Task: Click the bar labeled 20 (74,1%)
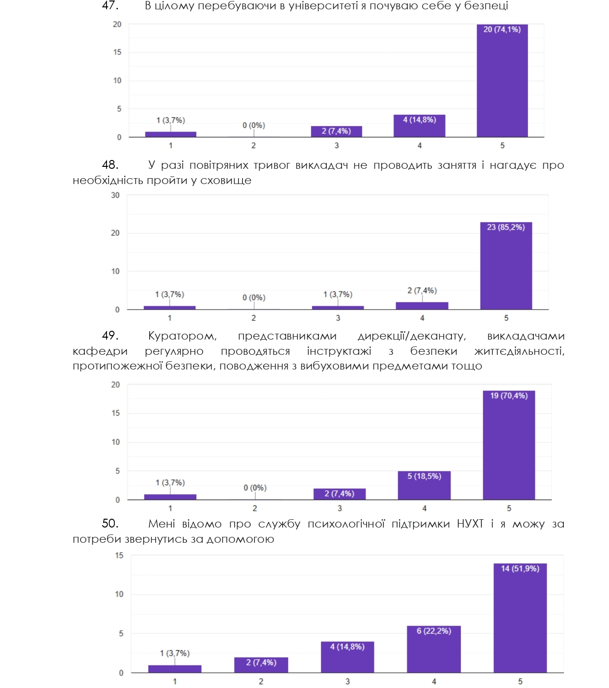[502, 81]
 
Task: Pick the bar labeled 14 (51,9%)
[520, 618]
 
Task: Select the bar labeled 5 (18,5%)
[424, 486]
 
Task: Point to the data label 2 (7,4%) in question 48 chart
[422, 291]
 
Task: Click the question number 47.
[110, 6]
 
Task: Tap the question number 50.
[110, 524]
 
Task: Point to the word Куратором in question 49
[182, 336]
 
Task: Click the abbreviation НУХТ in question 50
[470, 524]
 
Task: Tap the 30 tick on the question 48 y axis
[115, 195]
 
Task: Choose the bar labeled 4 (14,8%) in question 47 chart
[420, 126]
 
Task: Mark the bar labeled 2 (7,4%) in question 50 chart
[261, 665]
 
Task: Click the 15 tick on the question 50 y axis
[119, 556]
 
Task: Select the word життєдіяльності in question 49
[519, 351]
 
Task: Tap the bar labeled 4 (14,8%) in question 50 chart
[347, 657]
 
